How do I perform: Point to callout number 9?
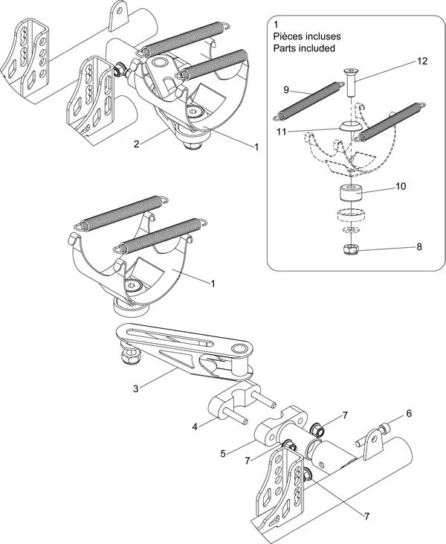[286, 89]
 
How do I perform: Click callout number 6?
[408, 413]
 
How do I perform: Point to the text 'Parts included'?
[304, 48]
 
